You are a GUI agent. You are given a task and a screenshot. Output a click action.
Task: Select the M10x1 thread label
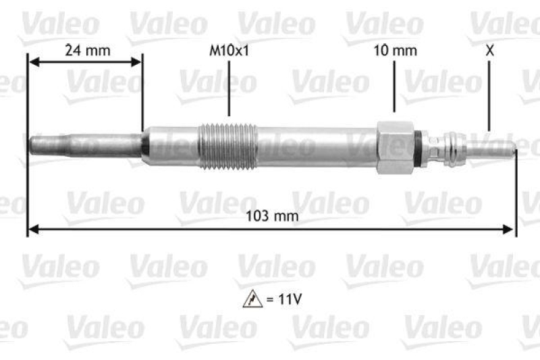229,50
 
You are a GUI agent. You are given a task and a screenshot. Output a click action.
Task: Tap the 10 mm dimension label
396,50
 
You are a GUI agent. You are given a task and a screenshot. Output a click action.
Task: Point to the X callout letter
489,50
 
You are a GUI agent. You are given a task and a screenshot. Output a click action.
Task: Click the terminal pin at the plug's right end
496,147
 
